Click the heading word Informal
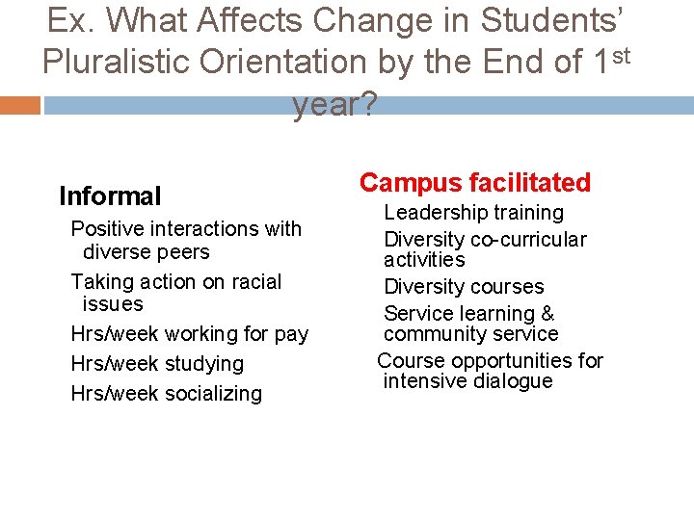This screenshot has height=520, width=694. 110,196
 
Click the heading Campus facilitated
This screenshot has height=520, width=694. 475,182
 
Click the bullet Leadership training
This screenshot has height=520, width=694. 473,212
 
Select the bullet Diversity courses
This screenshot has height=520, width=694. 464,286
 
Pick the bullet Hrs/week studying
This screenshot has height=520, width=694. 157,364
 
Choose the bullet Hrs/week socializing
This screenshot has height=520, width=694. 166,393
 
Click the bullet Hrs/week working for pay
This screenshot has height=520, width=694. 189,334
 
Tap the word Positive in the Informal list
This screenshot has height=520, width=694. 105,228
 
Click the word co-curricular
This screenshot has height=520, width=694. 528,239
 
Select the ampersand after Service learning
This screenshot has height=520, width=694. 547,313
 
